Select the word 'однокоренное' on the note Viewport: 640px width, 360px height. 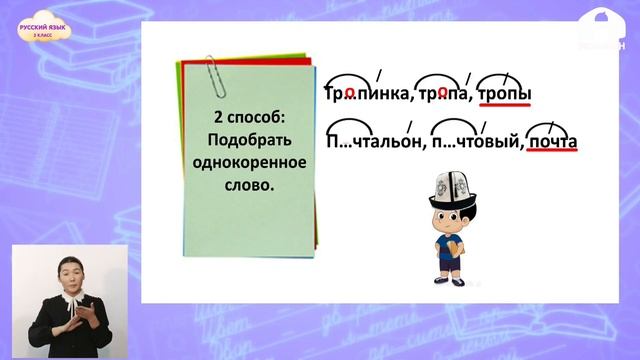click(245, 160)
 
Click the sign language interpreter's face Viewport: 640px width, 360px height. click(69, 269)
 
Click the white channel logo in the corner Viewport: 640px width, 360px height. click(600, 24)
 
